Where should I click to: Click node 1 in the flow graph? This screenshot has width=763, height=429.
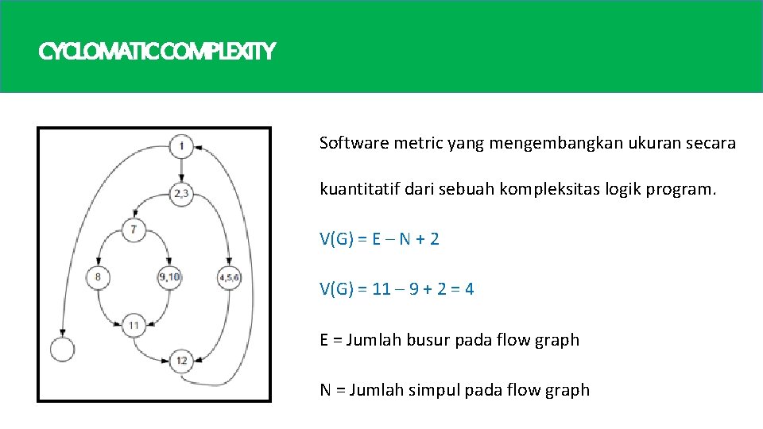182,146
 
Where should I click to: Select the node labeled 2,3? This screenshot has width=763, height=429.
182,193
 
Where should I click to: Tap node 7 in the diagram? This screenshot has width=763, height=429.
134,230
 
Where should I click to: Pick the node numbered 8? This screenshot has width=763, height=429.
98,277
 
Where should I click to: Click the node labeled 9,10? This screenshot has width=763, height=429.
169,277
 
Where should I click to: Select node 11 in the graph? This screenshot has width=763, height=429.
134,325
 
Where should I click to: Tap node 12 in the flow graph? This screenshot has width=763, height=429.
182,361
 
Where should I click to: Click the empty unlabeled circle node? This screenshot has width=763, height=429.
61,349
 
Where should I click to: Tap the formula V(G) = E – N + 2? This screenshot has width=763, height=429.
379,239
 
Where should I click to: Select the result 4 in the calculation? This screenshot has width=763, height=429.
469,289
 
